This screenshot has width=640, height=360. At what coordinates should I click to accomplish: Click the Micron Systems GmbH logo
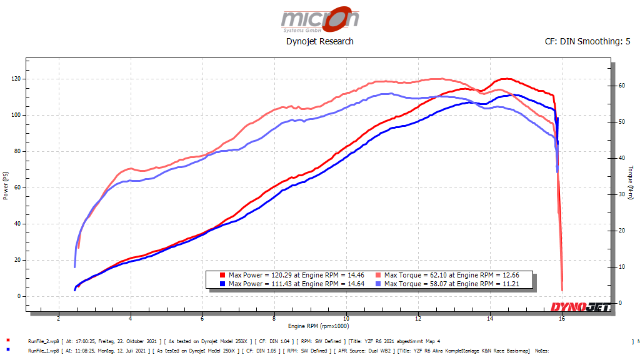coord(320,19)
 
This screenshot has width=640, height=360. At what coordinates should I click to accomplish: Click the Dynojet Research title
coord(319,41)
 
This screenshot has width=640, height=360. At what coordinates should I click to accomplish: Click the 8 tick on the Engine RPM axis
coord(274,318)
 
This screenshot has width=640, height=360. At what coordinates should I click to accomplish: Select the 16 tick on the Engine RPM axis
coord(562,318)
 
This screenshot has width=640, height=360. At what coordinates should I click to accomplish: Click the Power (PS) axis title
coord(6,186)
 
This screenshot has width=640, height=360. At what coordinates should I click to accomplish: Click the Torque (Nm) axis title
coord(631,182)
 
